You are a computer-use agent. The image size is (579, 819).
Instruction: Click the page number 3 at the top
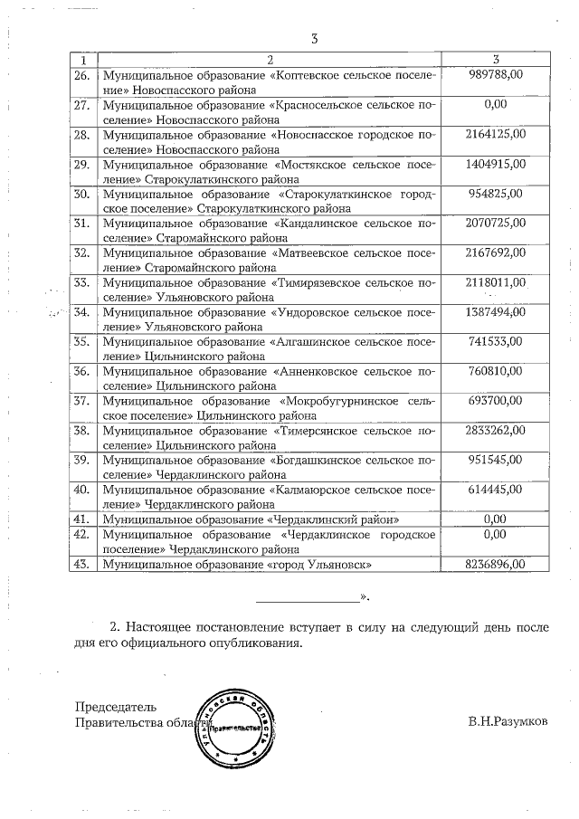(x=314, y=39)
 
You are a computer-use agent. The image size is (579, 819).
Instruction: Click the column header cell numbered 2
(x=271, y=60)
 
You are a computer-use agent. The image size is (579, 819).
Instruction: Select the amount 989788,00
(x=495, y=74)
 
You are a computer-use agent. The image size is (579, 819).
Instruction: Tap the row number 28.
(x=81, y=135)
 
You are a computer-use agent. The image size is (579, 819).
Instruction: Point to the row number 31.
(x=81, y=223)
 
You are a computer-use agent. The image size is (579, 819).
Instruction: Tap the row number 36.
(x=81, y=370)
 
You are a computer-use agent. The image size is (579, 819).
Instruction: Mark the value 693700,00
(x=495, y=399)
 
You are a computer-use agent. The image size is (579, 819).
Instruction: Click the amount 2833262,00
(x=495, y=429)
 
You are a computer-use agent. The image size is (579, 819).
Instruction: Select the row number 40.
(x=81, y=490)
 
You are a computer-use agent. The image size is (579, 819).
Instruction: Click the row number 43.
(x=81, y=564)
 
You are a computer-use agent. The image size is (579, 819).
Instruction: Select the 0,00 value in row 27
(x=495, y=104)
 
